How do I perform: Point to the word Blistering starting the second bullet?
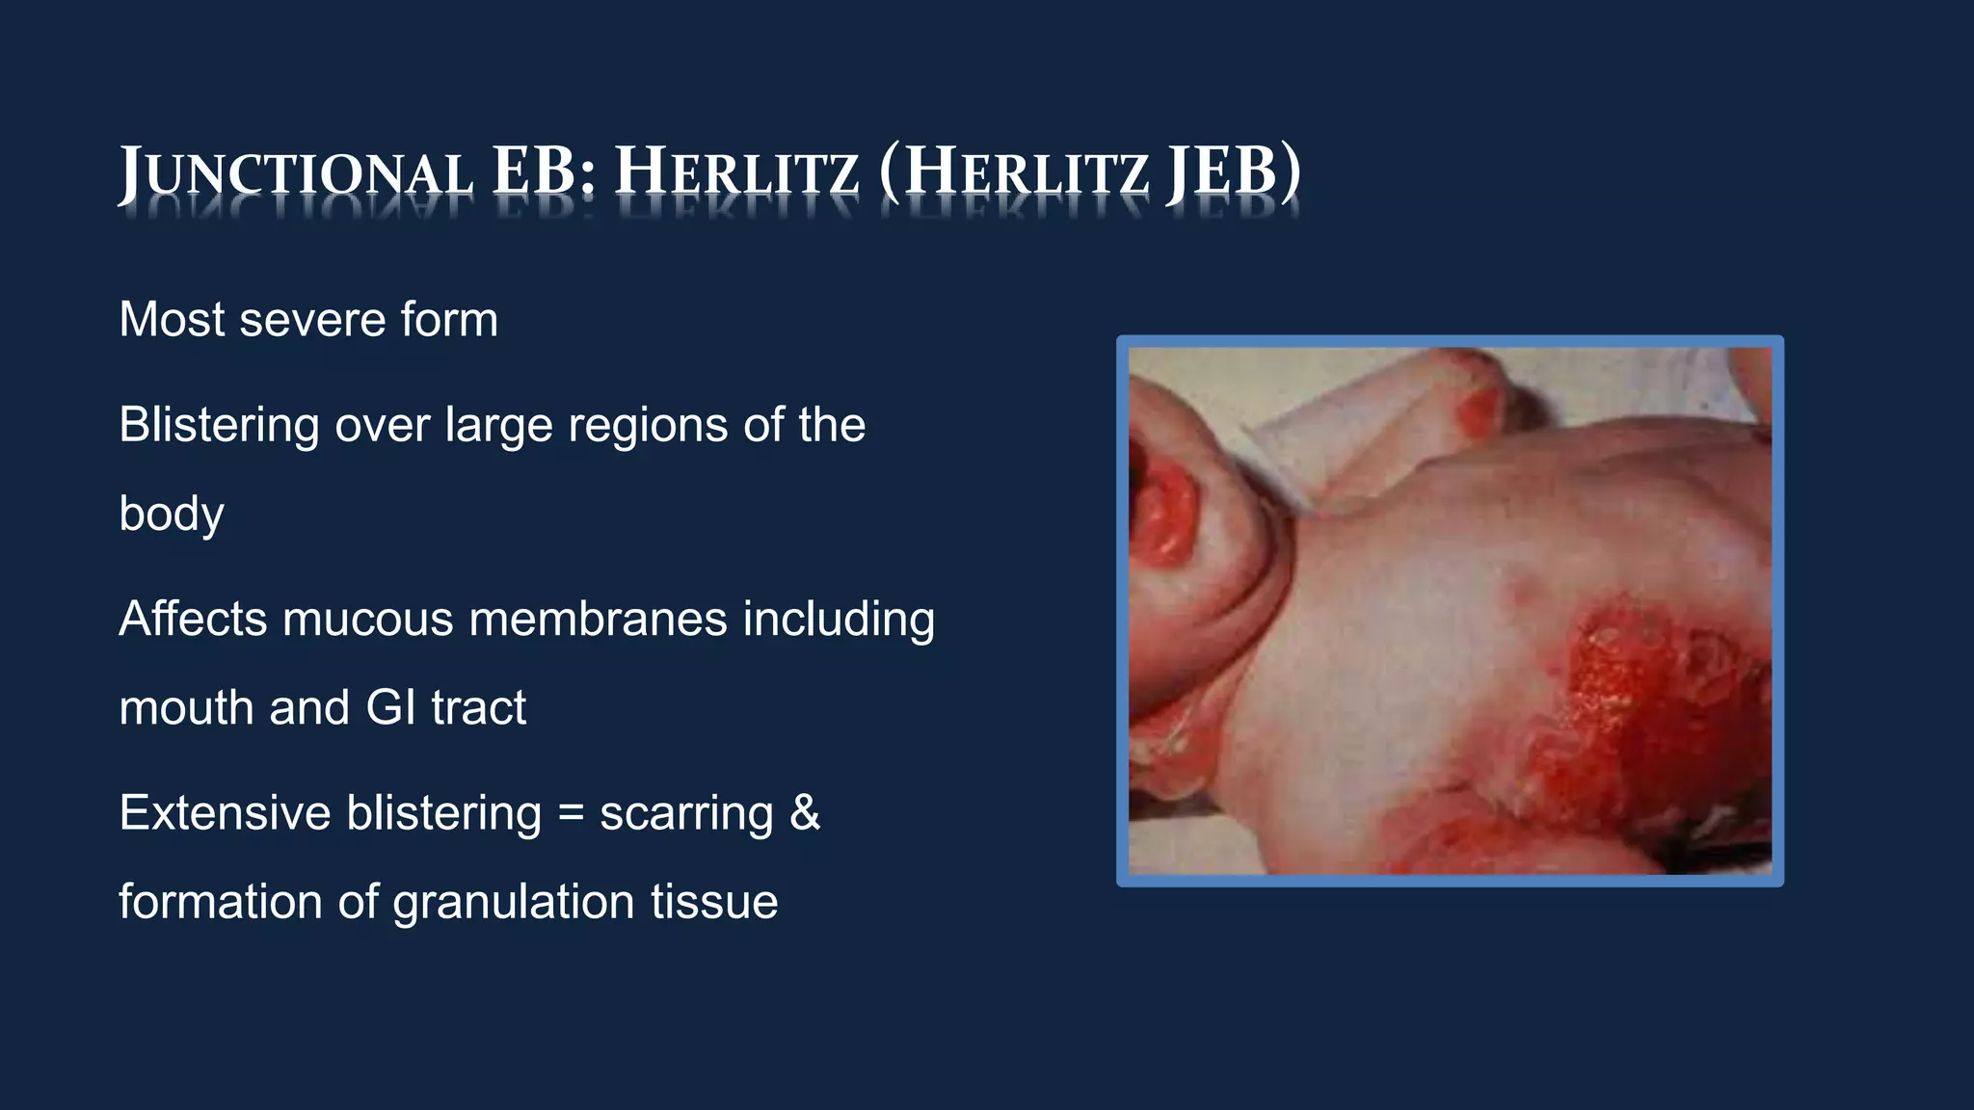[x=219, y=425]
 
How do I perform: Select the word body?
[x=172, y=515]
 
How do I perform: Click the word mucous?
[x=367, y=619]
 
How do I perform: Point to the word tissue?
[x=714, y=903]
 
